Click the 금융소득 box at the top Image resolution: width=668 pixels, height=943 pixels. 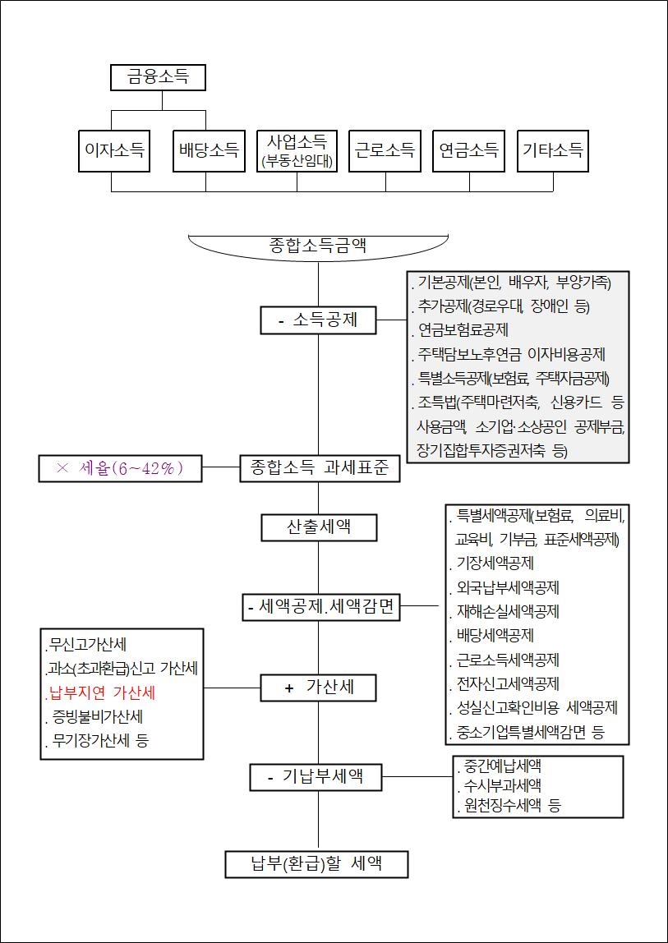(x=158, y=77)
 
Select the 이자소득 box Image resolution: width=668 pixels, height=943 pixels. (x=114, y=150)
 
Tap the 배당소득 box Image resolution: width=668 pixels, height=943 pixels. (x=210, y=150)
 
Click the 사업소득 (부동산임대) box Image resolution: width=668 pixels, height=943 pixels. (x=297, y=150)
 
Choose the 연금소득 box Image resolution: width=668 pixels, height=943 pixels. (x=469, y=150)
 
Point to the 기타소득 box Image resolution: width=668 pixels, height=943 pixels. (x=553, y=150)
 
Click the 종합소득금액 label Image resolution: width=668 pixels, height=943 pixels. (x=318, y=245)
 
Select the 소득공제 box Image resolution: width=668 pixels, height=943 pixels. (x=319, y=320)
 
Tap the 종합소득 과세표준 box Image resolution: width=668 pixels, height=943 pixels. (x=320, y=468)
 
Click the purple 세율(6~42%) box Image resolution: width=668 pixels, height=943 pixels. (x=120, y=468)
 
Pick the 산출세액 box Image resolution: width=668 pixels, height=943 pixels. (x=319, y=527)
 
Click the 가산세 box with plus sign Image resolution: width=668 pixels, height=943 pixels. (x=319, y=688)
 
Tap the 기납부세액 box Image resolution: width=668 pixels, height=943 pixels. (x=316, y=776)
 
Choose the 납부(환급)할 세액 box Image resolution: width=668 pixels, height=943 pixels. (x=316, y=864)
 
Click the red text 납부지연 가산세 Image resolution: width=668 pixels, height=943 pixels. (x=102, y=692)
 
